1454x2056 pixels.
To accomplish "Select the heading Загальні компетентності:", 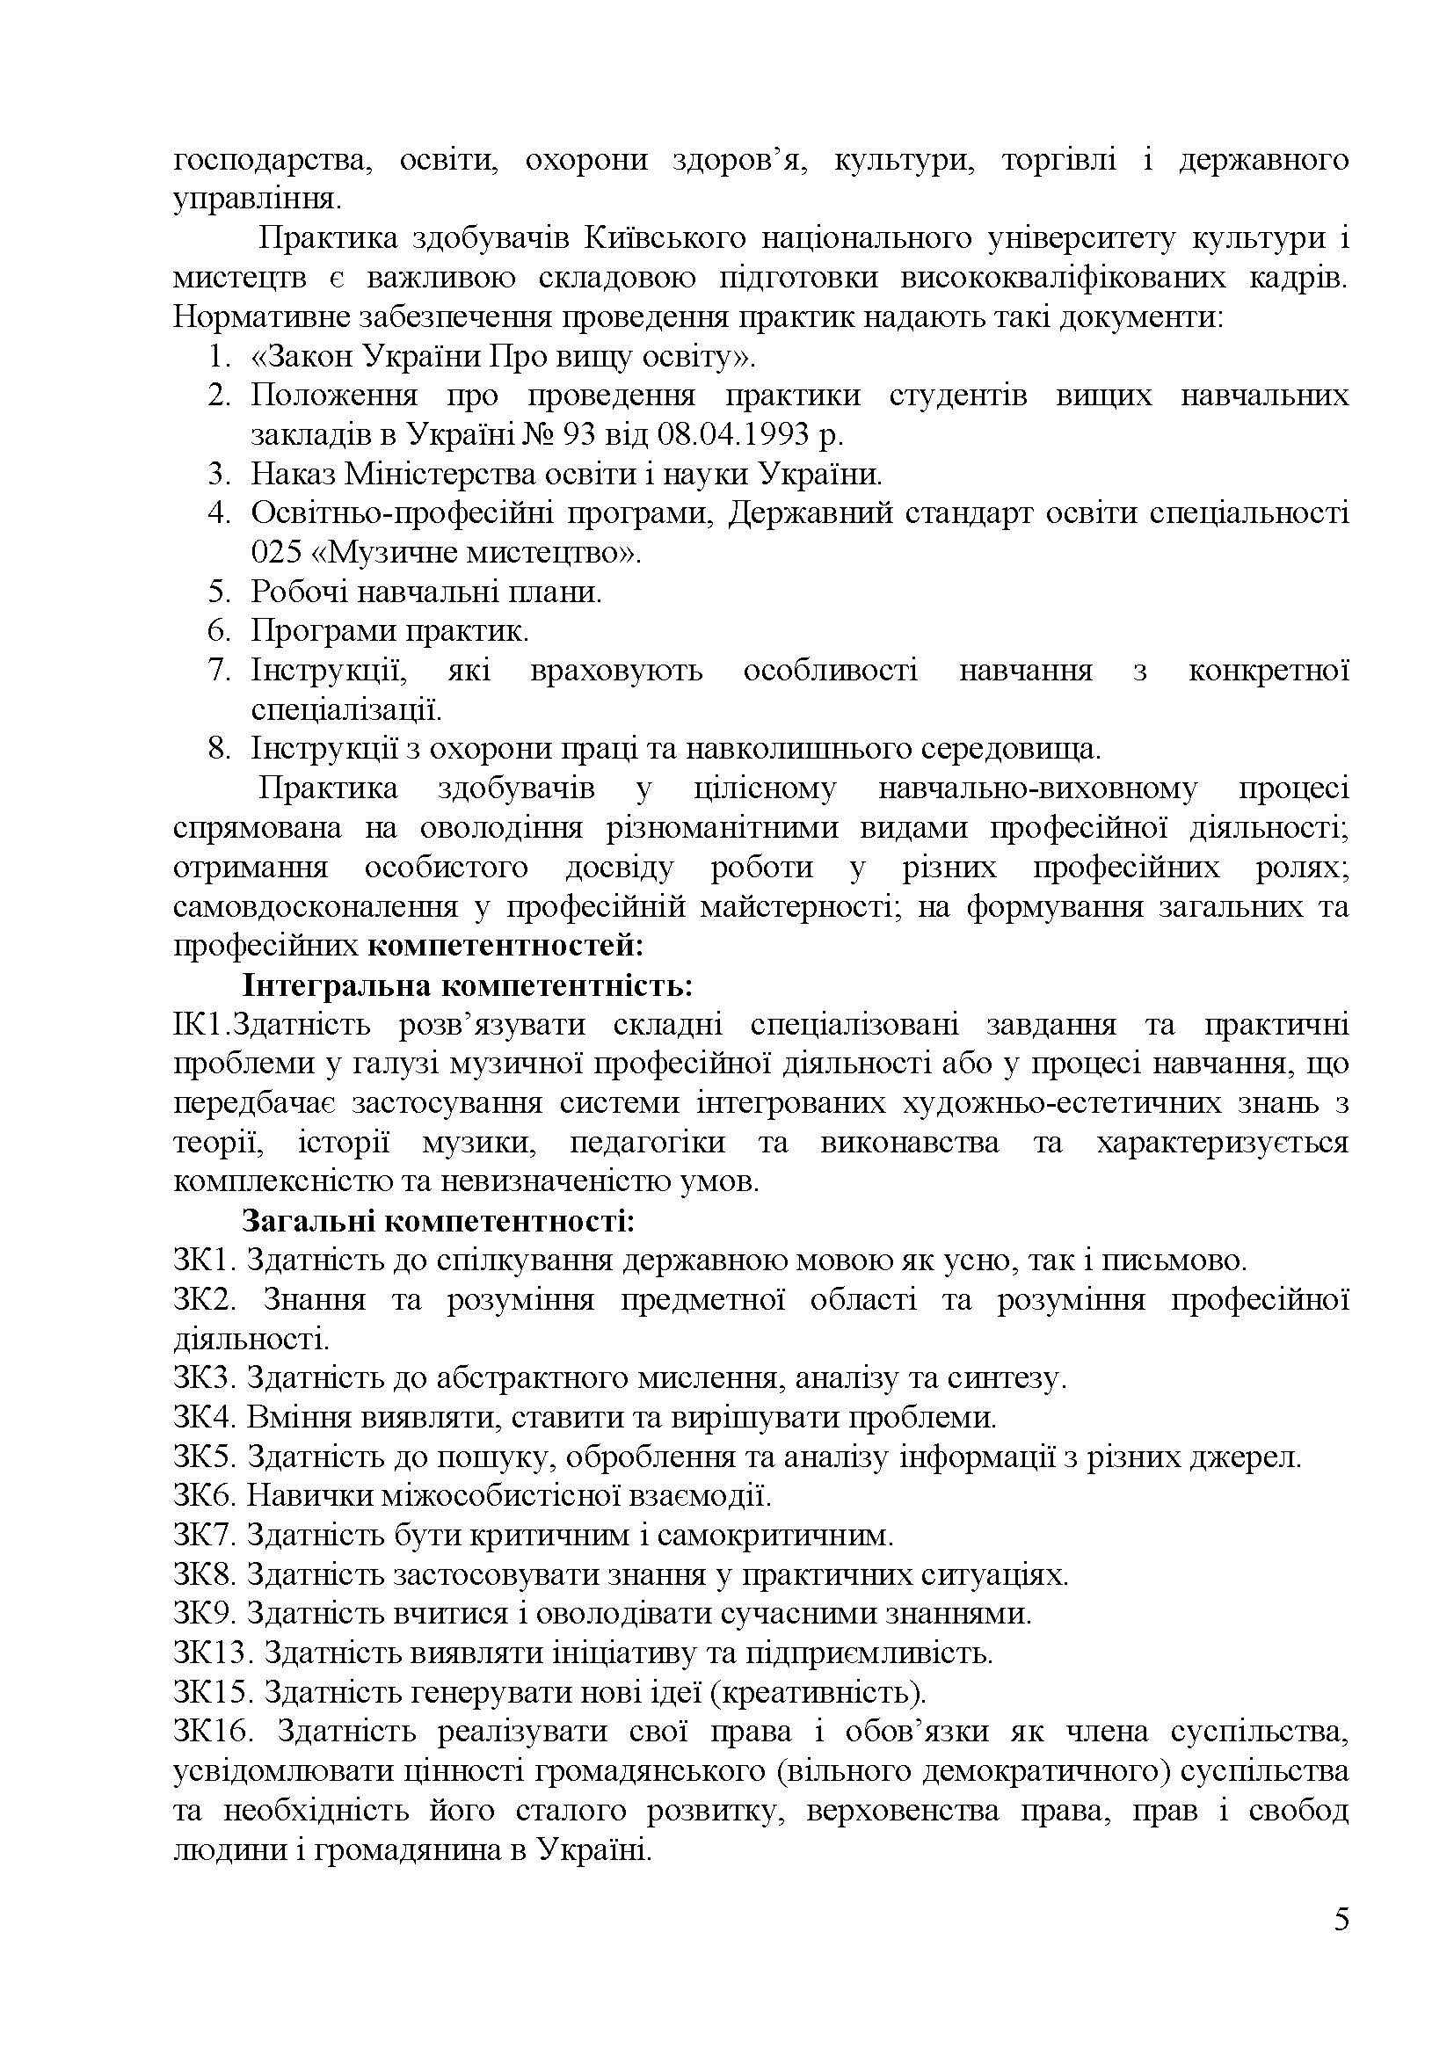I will tap(438, 1222).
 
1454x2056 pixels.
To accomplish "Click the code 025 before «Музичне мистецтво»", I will tap(276, 553).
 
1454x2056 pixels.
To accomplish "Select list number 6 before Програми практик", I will tap(220, 631).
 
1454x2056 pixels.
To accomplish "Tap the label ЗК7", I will tap(204, 1536).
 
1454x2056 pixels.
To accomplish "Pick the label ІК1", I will tap(196, 1025).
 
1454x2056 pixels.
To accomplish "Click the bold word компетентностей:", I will tap(505, 946).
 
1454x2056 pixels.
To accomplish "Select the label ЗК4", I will tap(204, 1418).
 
